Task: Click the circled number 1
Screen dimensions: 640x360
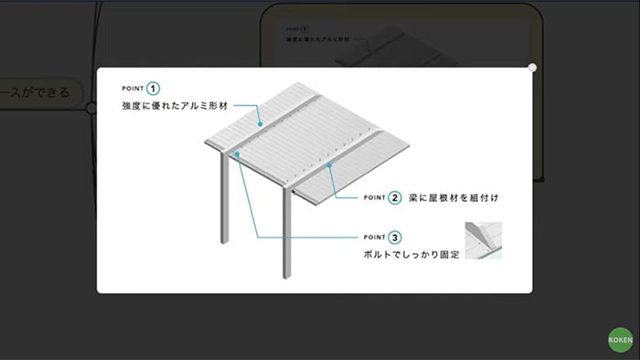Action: coord(153,89)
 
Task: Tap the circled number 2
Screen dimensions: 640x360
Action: coord(394,196)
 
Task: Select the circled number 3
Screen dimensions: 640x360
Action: coord(394,237)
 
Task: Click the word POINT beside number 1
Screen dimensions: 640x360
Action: coord(133,89)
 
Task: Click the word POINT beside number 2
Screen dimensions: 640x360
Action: coord(375,196)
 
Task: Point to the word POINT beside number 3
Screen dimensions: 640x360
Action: coord(375,237)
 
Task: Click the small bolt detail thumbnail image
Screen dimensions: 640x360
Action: coord(483,240)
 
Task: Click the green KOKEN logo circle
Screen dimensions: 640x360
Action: coord(621,341)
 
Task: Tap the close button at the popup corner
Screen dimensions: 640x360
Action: coord(532,67)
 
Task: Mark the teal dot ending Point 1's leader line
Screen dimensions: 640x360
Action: coord(260,125)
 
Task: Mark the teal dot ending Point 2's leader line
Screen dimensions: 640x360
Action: coord(329,166)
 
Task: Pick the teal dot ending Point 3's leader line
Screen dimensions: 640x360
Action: coord(238,155)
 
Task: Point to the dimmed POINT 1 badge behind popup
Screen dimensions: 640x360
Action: coord(297,29)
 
